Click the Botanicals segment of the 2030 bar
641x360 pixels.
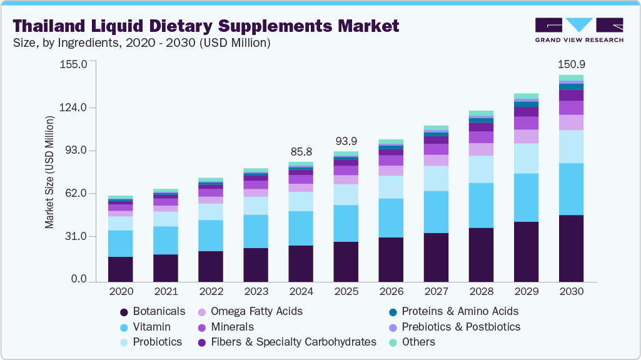pos(571,249)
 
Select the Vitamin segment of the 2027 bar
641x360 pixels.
pos(436,212)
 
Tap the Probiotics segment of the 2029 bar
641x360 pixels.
pos(526,158)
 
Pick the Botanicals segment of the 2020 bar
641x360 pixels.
pos(120,269)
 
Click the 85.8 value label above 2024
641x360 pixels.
pos(300,152)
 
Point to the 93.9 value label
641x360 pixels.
pos(345,141)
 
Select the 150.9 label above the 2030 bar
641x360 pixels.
pos(571,64)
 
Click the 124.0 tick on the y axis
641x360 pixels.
pos(74,108)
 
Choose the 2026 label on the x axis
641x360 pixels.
pos(390,292)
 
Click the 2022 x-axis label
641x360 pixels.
pos(210,292)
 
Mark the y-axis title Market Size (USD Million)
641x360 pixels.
pos(49,172)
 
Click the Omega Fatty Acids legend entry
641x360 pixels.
pos(256,311)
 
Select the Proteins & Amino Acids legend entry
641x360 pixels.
pos(460,311)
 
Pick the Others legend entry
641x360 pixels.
pos(418,342)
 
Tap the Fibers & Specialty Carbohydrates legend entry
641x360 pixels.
pos(293,342)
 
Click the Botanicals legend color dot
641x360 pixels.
pos(123,311)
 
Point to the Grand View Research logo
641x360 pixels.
pos(578,30)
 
